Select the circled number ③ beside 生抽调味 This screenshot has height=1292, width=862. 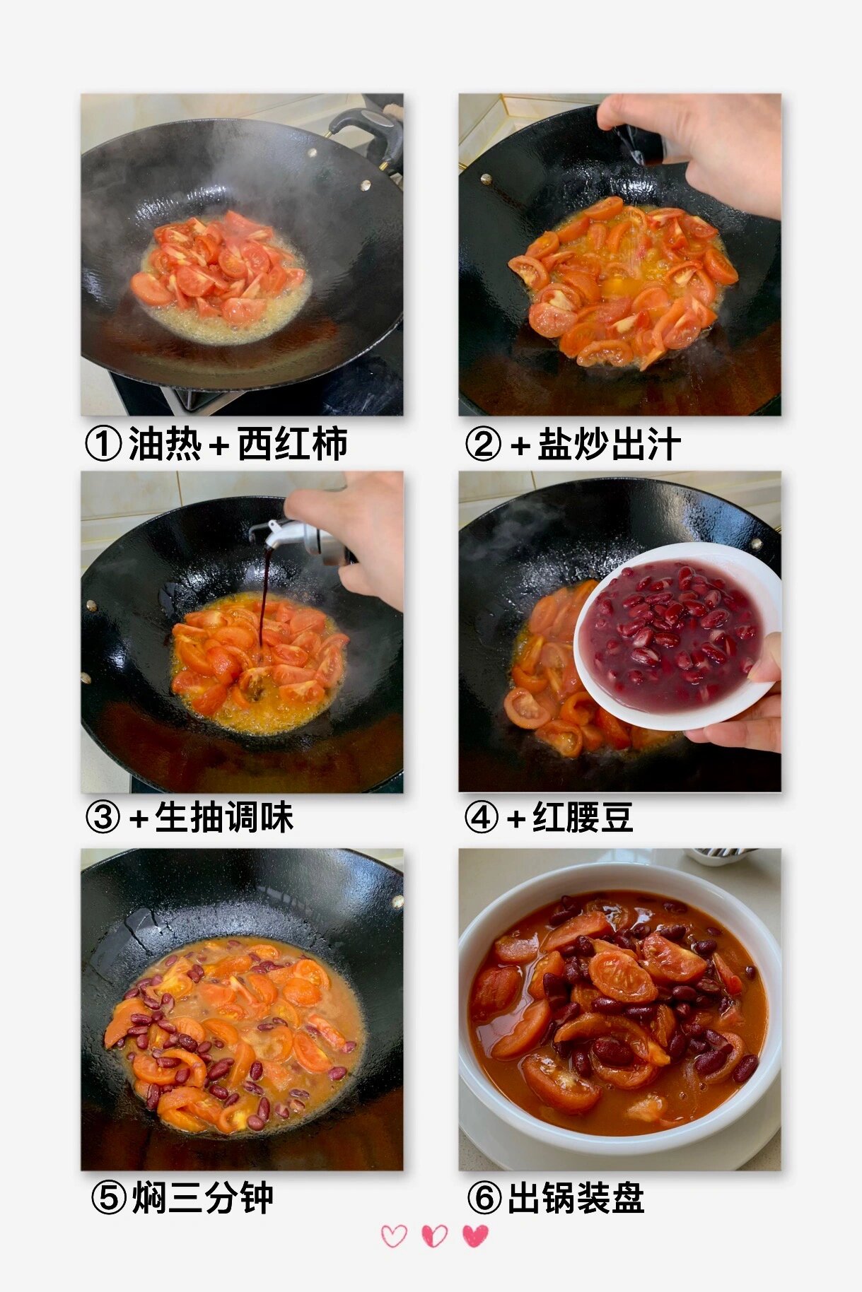tap(103, 818)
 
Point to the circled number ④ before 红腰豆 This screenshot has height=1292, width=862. tap(482, 818)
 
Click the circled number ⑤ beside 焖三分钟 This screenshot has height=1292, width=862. tap(109, 1197)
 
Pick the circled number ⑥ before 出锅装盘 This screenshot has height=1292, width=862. tap(484, 1197)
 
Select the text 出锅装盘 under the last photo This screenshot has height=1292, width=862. tap(576, 1197)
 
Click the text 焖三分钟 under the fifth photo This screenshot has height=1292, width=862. tap(202, 1197)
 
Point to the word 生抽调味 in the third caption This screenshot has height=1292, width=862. tap(224, 818)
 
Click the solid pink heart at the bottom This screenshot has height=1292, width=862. tap(475, 1235)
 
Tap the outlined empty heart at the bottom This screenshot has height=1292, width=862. tap(394, 1235)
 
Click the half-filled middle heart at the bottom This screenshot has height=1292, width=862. tap(434, 1235)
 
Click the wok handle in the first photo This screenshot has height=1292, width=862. tap(368, 131)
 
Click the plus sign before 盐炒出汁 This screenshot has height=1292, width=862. tap(520, 446)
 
